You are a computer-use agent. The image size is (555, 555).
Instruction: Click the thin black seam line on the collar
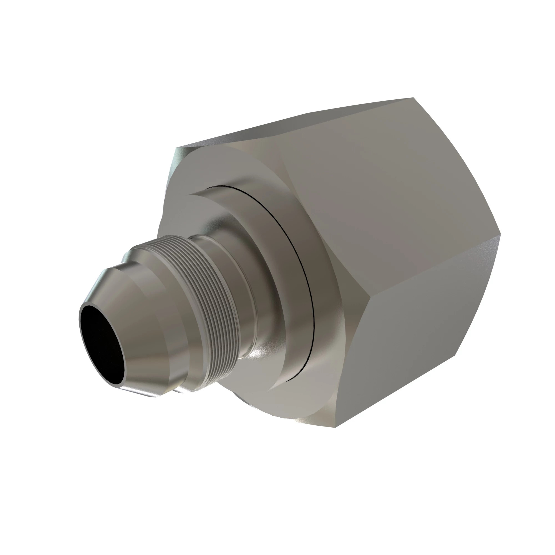tap(302, 250)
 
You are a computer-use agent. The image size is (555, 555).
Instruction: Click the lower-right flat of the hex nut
tap(417, 330)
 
